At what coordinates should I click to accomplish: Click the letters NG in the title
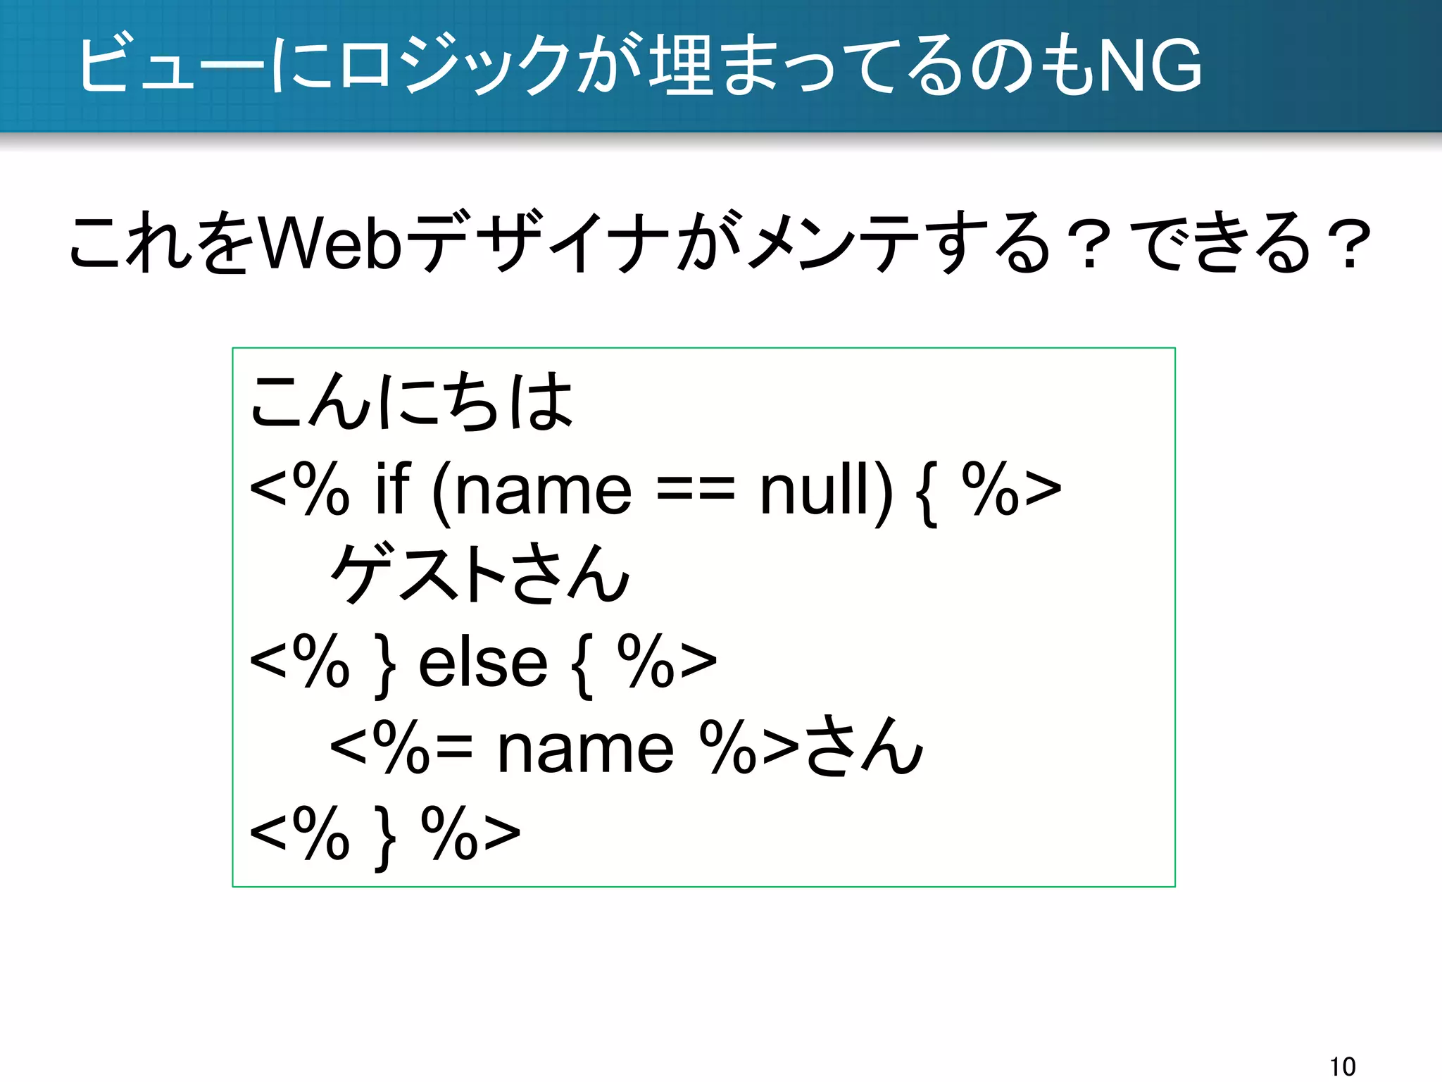point(1150,66)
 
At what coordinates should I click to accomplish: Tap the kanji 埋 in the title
point(679,66)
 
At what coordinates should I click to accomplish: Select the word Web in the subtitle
point(331,244)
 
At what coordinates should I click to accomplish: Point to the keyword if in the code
point(392,489)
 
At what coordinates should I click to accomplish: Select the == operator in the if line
point(695,490)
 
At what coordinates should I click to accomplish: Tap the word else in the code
point(483,664)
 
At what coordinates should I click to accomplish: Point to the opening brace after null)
point(927,493)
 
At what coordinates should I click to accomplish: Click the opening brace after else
point(582,666)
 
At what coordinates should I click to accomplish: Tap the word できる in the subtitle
point(1225,244)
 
